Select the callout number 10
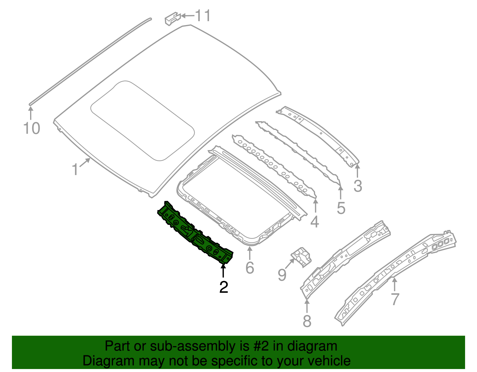pyautogui.click(x=31, y=129)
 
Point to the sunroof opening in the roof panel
pyautogui.click(x=143, y=121)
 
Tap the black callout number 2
pyautogui.click(x=224, y=287)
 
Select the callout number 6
pyautogui.click(x=250, y=267)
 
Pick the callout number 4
pyautogui.click(x=315, y=222)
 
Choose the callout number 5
pyautogui.click(x=341, y=208)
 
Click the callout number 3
pyautogui.click(x=358, y=186)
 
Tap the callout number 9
pyautogui.click(x=282, y=275)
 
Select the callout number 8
pyautogui.click(x=307, y=321)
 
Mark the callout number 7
pyautogui.click(x=395, y=299)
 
